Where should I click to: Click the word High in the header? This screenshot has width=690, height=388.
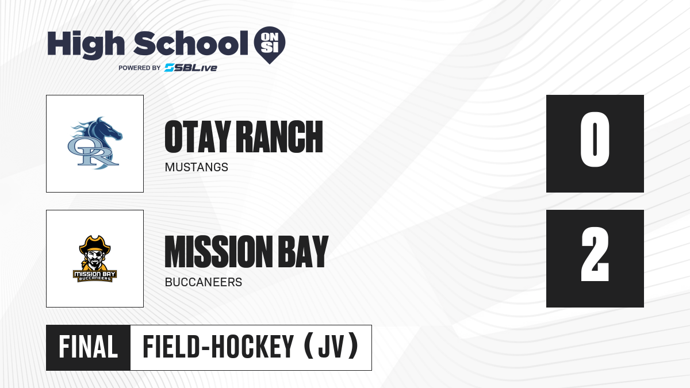(86, 44)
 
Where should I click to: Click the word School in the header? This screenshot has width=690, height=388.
(191, 43)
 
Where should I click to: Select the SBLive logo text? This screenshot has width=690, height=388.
(191, 68)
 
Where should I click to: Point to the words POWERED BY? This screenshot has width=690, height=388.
(140, 68)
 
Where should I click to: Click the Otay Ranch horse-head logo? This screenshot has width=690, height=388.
(95, 143)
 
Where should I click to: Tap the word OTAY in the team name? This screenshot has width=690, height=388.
(198, 137)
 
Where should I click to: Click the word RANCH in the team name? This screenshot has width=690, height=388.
(279, 137)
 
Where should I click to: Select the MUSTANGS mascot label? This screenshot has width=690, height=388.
(197, 167)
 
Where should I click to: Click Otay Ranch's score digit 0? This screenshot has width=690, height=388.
(595, 140)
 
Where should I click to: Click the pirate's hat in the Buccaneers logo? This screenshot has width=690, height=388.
(95, 244)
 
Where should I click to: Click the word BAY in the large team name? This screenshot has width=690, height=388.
(304, 252)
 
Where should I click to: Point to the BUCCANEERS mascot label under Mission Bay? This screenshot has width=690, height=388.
(204, 282)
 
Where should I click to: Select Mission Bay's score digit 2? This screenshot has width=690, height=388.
(595, 254)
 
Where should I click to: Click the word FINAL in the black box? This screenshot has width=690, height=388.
(89, 347)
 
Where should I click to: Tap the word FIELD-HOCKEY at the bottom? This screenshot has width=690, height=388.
(218, 347)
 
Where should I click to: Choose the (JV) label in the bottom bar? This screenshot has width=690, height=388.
(331, 347)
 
